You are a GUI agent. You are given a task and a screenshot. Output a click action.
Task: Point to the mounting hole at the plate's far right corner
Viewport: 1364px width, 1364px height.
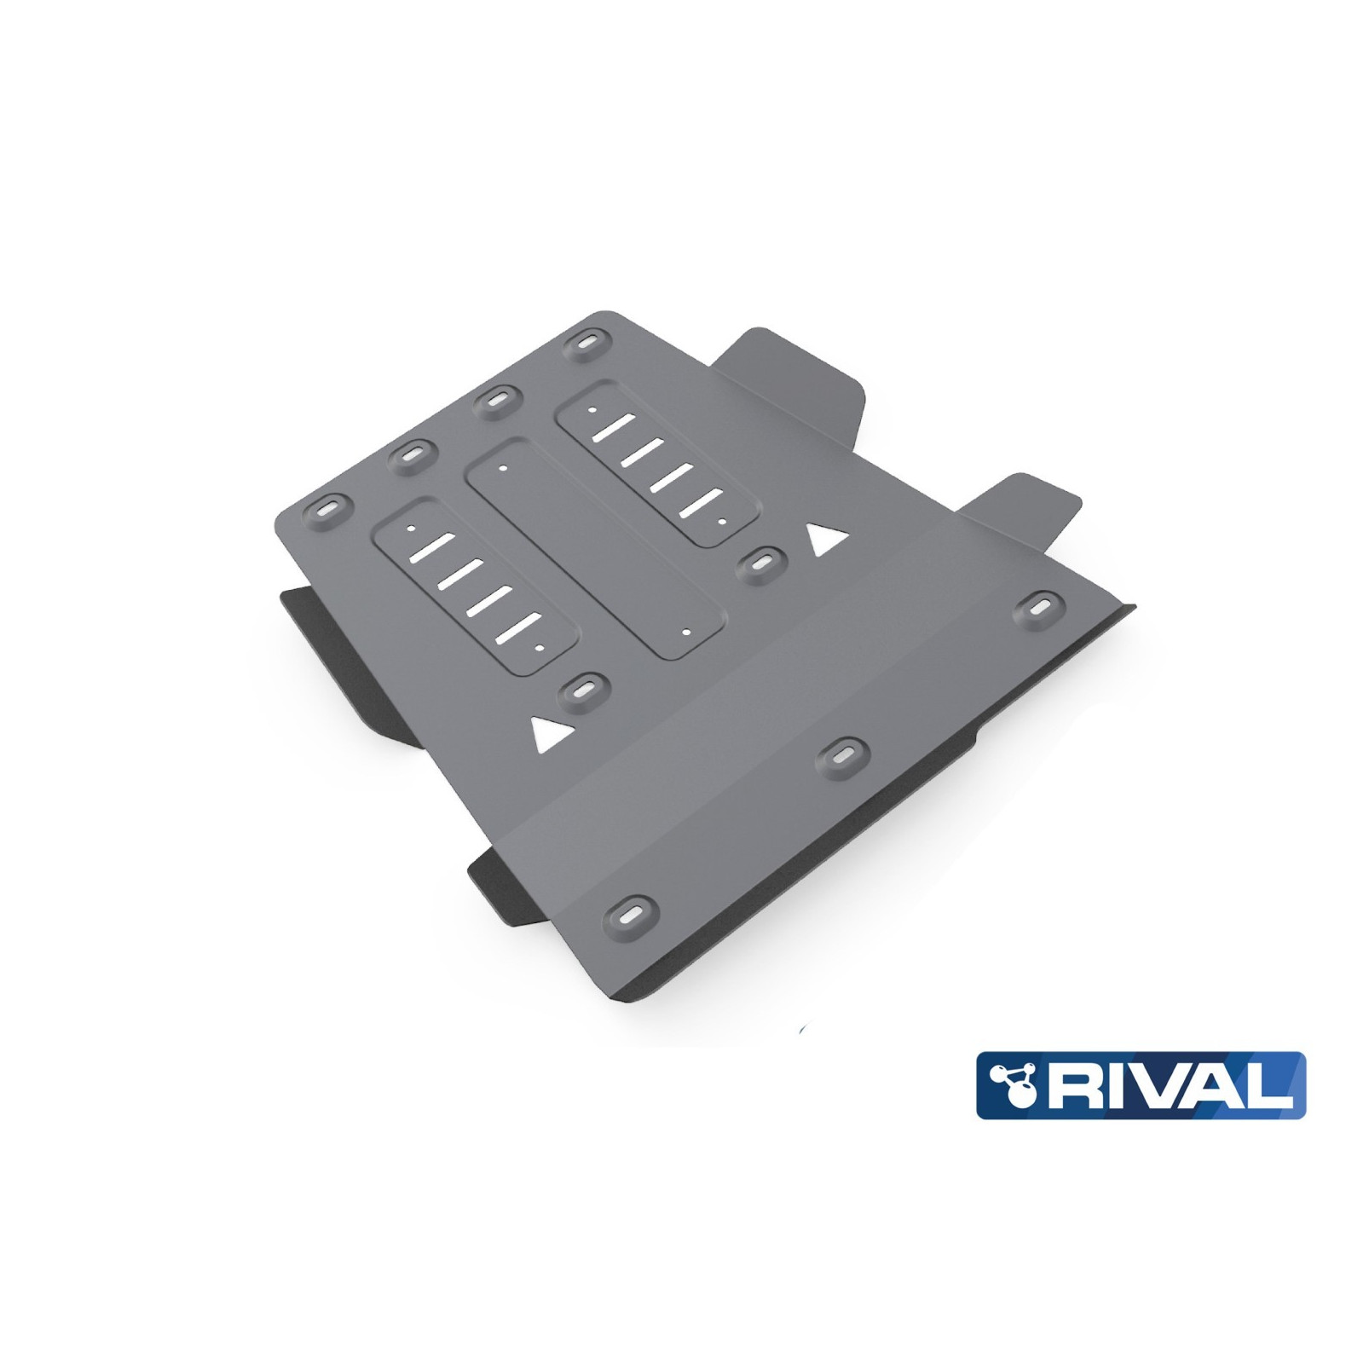pyautogui.click(x=1041, y=607)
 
